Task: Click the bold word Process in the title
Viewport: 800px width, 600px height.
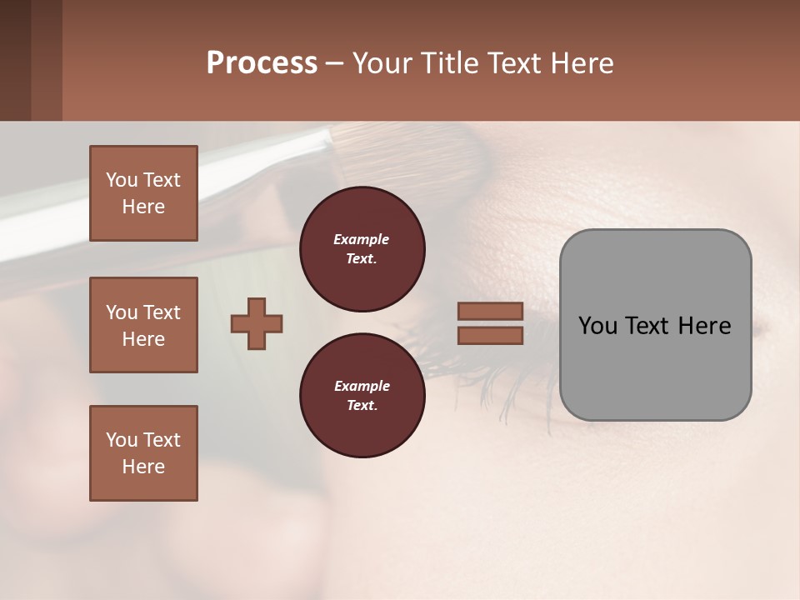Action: (x=262, y=62)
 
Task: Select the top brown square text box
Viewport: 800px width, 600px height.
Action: (x=143, y=193)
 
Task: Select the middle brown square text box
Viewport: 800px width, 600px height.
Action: (x=143, y=325)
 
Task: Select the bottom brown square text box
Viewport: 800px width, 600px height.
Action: (x=143, y=453)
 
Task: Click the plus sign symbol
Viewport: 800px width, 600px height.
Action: (x=257, y=324)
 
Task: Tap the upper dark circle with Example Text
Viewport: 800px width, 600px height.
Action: (x=362, y=249)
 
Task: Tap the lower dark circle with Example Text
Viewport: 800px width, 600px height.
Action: (x=362, y=396)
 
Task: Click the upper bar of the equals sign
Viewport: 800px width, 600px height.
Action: (x=490, y=312)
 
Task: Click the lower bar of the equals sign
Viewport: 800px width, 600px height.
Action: (x=490, y=336)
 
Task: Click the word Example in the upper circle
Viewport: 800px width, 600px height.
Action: (x=361, y=239)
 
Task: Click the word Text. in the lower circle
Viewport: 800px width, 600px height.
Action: (x=362, y=406)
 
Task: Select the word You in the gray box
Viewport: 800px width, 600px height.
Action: (x=598, y=326)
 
